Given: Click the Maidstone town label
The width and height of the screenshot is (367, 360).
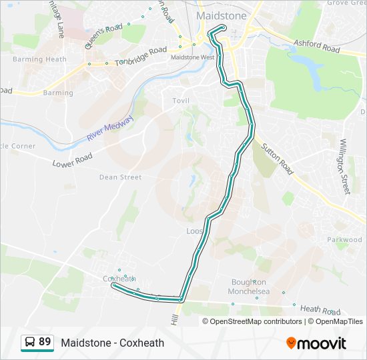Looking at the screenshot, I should click(x=221, y=15).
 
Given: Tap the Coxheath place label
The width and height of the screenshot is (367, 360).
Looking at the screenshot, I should click(x=119, y=278).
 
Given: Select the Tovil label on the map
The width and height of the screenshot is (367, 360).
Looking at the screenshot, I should click(x=180, y=100).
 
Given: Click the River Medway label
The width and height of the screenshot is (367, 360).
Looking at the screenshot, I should click(x=110, y=128).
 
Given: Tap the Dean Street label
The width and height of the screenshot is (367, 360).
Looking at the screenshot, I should click(x=120, y=177).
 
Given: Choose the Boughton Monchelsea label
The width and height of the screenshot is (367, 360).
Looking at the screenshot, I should click(x=249, y=287).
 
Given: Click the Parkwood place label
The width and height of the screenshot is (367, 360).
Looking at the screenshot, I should click(x=344, y=240).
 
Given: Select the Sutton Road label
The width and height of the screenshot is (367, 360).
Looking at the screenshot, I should click(x=277, y=159).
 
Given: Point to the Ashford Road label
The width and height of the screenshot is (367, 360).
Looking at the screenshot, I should click(x=316, y=47).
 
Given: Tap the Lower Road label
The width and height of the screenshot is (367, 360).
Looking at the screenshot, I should click(x=72, y=160).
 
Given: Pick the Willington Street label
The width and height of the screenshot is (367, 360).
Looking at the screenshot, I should click(x=344, y=167).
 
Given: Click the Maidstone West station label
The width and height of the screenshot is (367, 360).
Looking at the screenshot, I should click(x=192, y=57).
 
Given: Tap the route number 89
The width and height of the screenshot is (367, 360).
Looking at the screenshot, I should click(x=45, y=342).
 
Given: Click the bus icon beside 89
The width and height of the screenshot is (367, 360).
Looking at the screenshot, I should click(x=30, y=343).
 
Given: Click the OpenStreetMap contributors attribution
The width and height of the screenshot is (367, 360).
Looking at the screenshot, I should click(x=256, y=321).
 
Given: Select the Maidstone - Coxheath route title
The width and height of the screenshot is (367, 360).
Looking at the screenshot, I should click(x=113, y=343).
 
